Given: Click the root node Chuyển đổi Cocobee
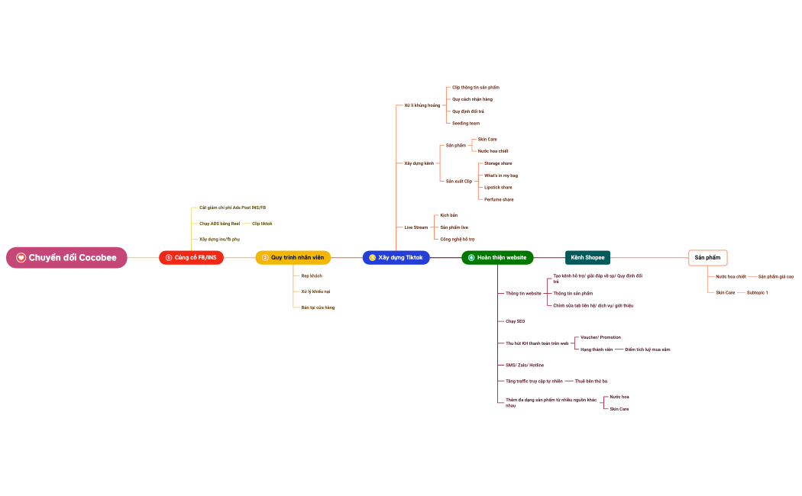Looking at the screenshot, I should click(x=67, y=258).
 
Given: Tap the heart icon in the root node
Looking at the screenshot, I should click(x=21, y=258).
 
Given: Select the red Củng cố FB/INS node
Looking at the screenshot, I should click(x=191, y=258).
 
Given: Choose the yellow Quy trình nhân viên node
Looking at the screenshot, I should click(x=293, y=258).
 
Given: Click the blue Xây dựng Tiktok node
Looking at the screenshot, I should click(x=396, y=258).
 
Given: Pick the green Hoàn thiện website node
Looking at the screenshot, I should click(x=497, y=258).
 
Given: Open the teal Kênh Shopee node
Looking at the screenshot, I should click(x=587, y=258).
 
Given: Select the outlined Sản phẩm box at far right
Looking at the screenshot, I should click(x=707, y=258).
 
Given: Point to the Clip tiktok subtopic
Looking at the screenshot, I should click(x=262, y=224).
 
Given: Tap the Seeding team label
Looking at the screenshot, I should click(x=466, y=123).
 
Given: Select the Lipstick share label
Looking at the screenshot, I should click(x=498, y=187).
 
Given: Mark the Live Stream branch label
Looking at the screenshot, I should click(x=416, y=227).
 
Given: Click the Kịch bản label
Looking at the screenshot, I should click(x=449, y=215).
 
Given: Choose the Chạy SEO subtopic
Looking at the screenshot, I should click(x=516, y=321).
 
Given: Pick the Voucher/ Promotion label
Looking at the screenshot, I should click(x=600, y=337).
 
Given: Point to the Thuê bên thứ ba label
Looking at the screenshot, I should click(x=591, y=381).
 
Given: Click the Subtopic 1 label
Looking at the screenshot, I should click(x=758, y=292).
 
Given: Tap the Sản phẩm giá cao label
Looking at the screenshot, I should click(x=776, y=276).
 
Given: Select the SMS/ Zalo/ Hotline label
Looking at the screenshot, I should click(x=525, y=366).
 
